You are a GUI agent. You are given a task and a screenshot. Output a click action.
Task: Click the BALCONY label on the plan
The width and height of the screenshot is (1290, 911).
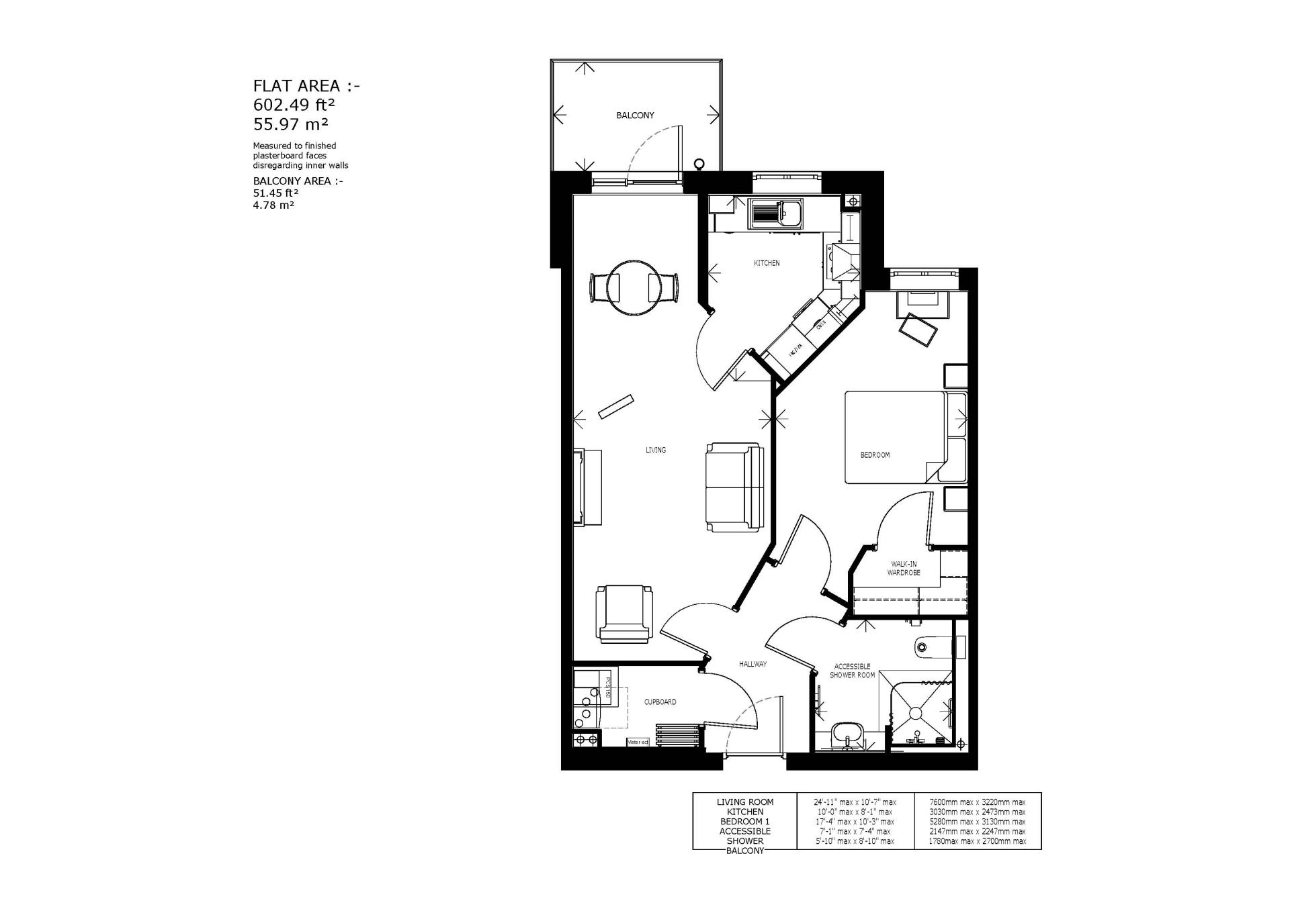tap(635, 115)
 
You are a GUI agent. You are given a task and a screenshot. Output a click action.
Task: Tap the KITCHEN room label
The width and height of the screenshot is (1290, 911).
tap(766, 263)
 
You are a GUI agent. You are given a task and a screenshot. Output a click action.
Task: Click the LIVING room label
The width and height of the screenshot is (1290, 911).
tap(655, 450)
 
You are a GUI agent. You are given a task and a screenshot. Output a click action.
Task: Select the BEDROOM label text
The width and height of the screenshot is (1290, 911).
tap(874, 455)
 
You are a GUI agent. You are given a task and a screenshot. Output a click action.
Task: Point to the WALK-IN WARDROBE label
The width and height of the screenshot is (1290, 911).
tap(903, 569)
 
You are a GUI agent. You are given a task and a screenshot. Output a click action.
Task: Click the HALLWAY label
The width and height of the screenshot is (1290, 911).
tap(752, 664)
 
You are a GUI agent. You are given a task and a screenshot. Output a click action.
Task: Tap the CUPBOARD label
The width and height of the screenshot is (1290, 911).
tap(660, 702)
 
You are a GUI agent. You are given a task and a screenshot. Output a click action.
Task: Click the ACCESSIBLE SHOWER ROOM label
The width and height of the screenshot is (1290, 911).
tap(852, 671)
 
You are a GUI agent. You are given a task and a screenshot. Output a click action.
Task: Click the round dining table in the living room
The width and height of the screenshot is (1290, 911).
tap(632, 287)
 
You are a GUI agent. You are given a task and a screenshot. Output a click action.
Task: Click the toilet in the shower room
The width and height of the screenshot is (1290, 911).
tap(931, 647)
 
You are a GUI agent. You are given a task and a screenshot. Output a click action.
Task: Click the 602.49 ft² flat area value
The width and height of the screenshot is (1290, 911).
tap(294, 105)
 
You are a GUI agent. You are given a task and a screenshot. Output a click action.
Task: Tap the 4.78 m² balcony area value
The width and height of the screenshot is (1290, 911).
tap(273, 205)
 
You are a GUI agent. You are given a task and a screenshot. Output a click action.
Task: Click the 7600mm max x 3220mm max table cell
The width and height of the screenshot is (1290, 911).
tap(977, 802)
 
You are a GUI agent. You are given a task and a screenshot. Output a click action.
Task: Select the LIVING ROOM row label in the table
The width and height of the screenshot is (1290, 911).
tap(744, 802)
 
